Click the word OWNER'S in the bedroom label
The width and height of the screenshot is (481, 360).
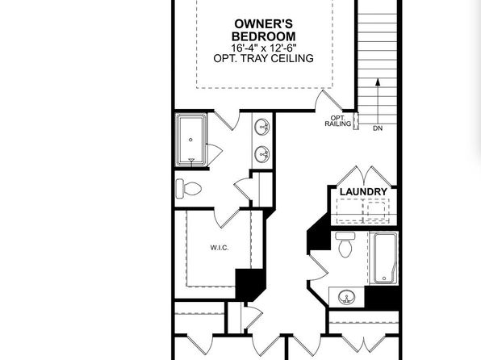264,24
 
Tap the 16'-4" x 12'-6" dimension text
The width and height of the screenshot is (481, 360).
264,48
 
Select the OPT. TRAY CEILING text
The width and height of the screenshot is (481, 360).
264,58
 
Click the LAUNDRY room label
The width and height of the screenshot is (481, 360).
363,192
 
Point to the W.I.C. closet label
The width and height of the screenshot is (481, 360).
220,248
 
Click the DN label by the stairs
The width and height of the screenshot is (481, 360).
378,128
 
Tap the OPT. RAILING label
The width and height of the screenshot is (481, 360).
337,121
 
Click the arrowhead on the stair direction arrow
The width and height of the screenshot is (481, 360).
378,82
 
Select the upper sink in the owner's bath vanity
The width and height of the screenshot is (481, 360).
262,127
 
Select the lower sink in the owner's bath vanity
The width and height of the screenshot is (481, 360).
262,153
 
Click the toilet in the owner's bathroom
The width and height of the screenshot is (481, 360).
189,188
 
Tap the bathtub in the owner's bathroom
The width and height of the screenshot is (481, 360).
190,140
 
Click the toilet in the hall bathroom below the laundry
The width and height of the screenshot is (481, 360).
345,245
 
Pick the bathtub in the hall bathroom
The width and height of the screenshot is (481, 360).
384,258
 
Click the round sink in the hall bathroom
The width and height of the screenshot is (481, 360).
347,297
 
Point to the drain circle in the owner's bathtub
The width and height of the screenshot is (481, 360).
190,140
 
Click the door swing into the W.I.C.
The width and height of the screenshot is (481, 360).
226,218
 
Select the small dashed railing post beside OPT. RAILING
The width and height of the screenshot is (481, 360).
356,121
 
